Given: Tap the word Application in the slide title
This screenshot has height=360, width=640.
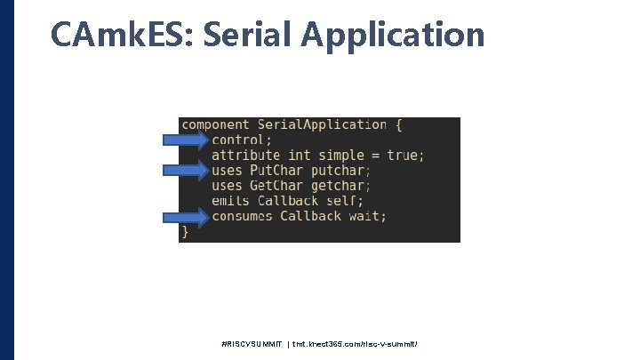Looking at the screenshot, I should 393,35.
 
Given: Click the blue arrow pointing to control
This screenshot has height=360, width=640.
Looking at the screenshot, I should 186,140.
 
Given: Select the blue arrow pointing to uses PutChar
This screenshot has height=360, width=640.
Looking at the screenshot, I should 186,170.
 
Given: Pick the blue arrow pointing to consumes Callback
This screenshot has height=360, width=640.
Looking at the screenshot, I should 186,216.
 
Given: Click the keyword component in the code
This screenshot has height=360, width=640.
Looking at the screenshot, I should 216,125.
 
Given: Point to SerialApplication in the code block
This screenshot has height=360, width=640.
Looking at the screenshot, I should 322,125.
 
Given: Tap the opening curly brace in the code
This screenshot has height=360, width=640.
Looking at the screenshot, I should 399,125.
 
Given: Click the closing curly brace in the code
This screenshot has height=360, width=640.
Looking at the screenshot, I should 185,231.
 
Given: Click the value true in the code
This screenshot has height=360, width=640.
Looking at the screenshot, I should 403,156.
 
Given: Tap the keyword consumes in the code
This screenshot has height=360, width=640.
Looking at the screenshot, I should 242,216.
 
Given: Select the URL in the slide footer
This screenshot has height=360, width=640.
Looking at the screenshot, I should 356,343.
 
